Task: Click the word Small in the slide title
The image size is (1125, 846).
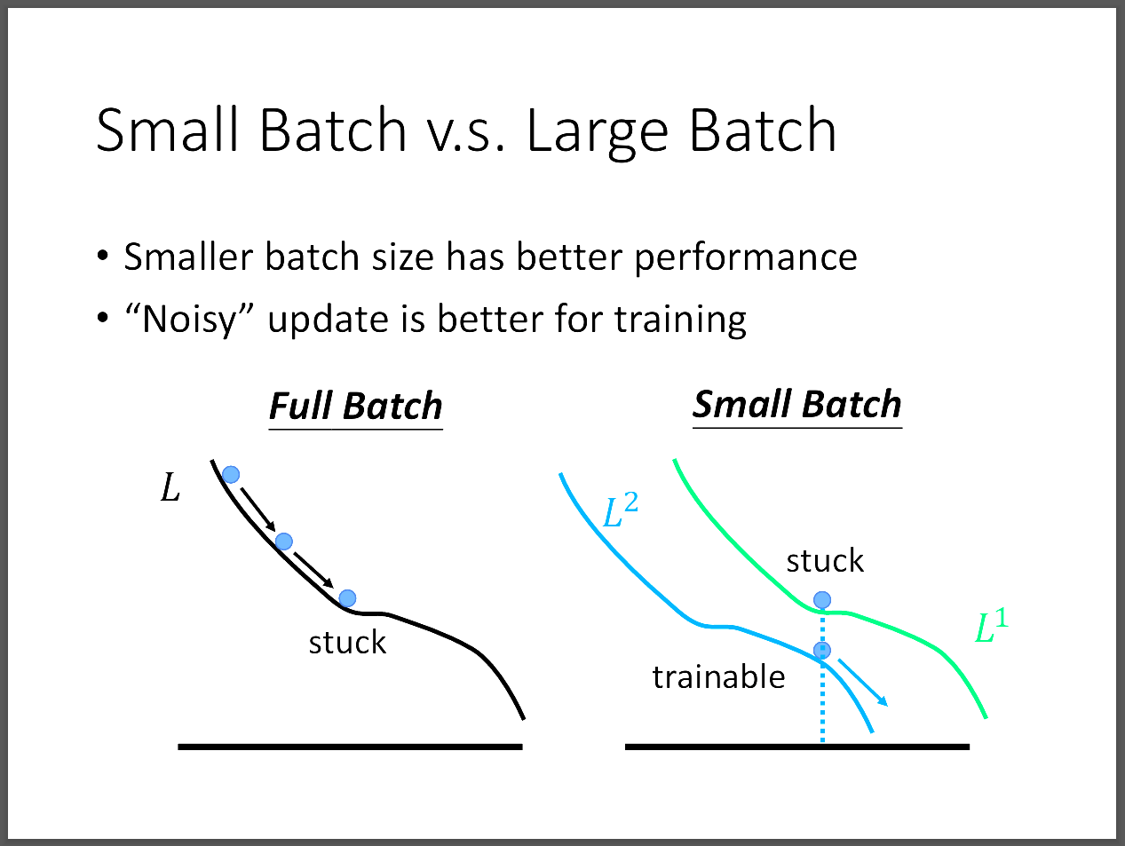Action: (167, 129)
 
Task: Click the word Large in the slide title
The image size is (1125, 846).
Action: (598, 132)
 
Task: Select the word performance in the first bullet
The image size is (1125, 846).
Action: (746, 258)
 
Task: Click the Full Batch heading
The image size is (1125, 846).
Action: (356, 407)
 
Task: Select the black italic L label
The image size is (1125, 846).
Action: (170, 488)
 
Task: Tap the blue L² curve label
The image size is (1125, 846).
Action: (621, 510)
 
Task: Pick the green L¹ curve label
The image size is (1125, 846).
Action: (991, 625)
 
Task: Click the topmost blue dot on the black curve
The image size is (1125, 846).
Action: (231, 475)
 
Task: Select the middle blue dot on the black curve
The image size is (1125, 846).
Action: (284, 542)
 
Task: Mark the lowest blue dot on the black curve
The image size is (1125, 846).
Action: (347, 598)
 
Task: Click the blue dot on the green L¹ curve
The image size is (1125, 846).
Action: (822, 600)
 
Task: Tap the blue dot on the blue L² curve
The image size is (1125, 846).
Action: (822, 650)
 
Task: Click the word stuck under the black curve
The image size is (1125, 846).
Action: (347, 643)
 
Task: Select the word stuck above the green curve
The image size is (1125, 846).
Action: (825, 560)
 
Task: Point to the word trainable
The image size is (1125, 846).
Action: (718, 677)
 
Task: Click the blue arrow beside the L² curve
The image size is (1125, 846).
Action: (862, 683)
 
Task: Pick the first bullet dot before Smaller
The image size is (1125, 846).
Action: (102, 255)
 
